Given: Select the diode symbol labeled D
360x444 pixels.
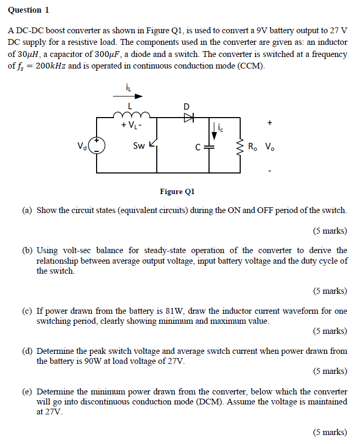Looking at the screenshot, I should (187, 118).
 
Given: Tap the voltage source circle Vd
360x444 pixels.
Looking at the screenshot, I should (97, 146).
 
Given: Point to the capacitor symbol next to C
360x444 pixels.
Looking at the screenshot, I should (210, 147).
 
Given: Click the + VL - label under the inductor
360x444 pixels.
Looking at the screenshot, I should (130, 126).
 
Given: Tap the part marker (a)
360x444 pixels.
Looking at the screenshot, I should (27, 210).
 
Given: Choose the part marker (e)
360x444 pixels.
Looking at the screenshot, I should (27, 391).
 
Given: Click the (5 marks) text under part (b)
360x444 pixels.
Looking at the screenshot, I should (329, 291).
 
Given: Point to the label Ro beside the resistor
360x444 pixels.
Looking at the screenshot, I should (252, 146).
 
